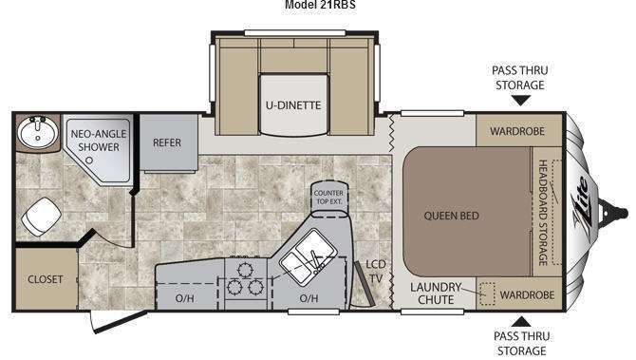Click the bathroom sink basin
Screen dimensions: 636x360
point(37,131)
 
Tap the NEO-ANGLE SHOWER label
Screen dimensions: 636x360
point(99,141)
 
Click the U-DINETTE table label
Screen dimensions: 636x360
point(293,105)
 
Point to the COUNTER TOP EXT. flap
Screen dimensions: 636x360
point(329,197)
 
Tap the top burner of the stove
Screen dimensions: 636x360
point(245,270)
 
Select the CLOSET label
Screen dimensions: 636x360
point(46,279)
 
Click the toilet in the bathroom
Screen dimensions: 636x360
point(41,217)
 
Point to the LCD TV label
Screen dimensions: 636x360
point(376,272)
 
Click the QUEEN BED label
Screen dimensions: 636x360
point(452,216)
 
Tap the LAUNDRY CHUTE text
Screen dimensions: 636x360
point(436,294)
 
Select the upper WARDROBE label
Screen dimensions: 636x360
point(517,131)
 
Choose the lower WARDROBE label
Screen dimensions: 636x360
point(527,295)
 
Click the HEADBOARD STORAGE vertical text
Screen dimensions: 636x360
point(543,213)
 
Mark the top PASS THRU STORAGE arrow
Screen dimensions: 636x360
point(521,101)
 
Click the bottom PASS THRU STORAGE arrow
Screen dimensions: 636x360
point(521,322)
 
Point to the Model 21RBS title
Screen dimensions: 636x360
point(320,5)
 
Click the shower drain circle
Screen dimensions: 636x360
point(89,161)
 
